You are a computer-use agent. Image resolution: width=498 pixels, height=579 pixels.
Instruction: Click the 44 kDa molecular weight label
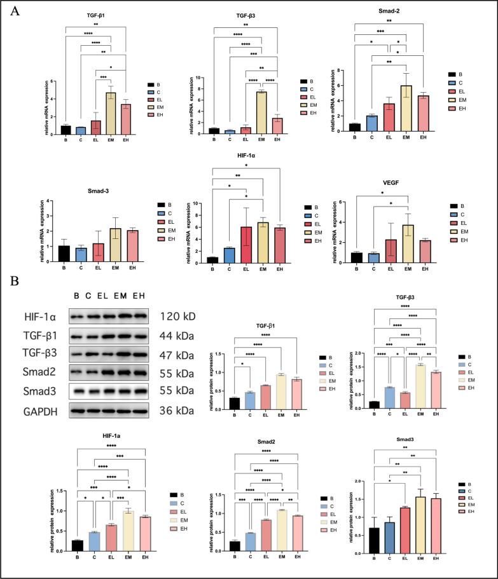click(176, 335)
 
